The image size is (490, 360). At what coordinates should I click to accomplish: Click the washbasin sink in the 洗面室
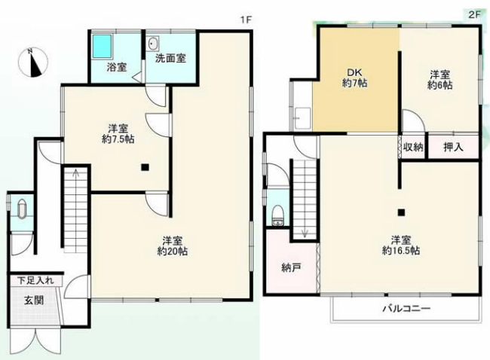[154, 42]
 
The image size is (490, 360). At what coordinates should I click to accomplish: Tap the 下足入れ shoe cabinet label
[35, 281]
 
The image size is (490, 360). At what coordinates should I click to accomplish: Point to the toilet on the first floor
[20, 208]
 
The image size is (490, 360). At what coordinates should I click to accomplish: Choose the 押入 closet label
[452, 147]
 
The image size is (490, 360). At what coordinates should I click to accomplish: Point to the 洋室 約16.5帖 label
[400, 243]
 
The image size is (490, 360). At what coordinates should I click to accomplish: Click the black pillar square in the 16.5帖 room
[402, 212]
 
